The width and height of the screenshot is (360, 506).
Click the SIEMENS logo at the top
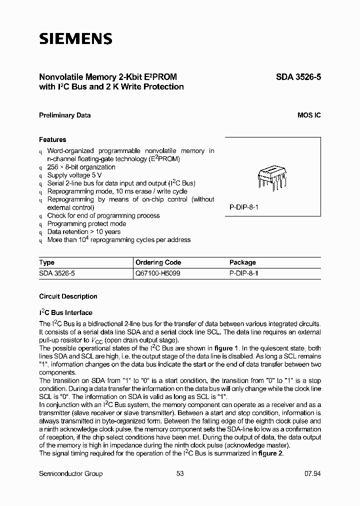point(75,39)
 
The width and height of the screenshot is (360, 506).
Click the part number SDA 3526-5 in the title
point(298,77)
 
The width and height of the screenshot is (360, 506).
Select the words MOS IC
point(309,115)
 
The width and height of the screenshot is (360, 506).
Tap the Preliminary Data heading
point(64,115)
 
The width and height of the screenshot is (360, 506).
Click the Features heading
point(52,139)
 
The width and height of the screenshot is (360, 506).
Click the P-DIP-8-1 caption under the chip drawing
point(243,206)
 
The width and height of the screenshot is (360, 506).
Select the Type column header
point(47,262)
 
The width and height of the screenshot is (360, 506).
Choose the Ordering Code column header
point(158,262)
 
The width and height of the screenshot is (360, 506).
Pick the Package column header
point(242,262)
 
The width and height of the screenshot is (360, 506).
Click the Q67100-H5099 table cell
point(158,273)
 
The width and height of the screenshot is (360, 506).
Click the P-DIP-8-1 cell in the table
point(243,273)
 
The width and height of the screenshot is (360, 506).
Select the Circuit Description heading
point(68,296)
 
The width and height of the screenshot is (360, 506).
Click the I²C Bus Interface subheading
point(65,312)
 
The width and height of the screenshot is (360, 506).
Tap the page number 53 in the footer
point(180,473)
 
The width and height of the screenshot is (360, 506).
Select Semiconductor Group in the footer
point(70,473)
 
